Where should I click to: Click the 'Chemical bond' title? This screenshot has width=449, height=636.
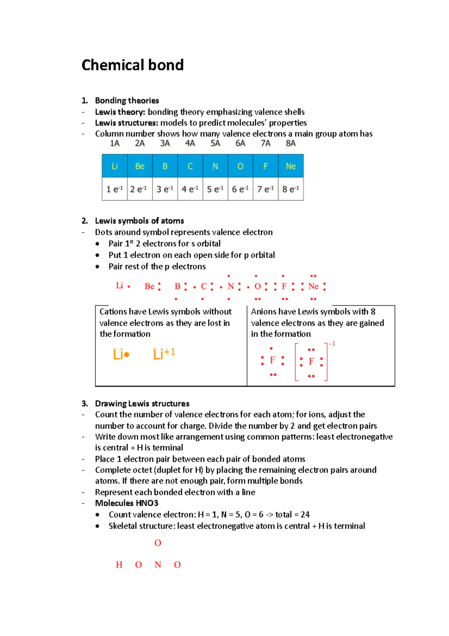[x=132, y=65]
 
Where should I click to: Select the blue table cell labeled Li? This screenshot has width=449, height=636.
[x=114, y=166]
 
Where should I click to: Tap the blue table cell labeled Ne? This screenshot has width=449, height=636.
[x=291, y=166]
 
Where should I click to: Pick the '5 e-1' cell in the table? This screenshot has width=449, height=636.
[x=215, y=189]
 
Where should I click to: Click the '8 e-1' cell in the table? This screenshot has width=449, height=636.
[x=291, y=189]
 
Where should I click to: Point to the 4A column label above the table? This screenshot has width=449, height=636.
[x=190, y=143]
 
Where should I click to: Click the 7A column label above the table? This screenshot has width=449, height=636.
[x=266, y=143]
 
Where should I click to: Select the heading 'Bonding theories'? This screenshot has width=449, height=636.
[x=127, y=100]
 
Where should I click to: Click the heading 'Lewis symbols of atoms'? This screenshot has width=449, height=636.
[x=139, y=221]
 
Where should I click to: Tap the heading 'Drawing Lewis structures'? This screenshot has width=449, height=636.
[x=142, y=403]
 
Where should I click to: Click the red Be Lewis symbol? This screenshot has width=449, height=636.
[x=149, y=287]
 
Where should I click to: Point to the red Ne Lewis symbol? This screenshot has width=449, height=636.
[x=314, y=287]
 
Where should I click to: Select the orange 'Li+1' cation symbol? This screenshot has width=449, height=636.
[x=164, y=354]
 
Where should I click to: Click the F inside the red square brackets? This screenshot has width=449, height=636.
[x=311, y=361]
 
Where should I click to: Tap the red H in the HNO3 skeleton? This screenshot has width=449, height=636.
[x=119, y=565]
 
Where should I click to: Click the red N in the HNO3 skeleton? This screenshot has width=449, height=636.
[x=158, y=565]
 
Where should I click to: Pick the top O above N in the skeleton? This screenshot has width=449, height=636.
[x=158, y=543]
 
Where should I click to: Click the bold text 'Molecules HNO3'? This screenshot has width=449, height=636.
[x=126, y=503]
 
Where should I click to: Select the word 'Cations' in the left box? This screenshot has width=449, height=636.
[x=113, y=312]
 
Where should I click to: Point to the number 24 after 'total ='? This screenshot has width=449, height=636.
[x=305, y=515]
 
